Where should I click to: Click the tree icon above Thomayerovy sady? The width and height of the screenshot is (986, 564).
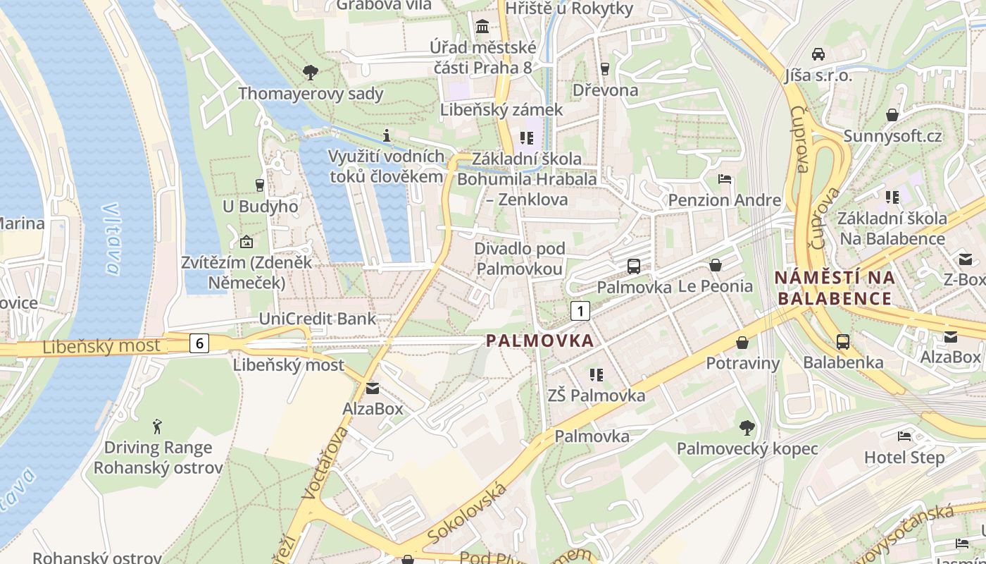[310, 72]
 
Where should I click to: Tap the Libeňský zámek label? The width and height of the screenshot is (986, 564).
[501, 110]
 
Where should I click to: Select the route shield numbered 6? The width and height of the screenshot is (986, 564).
[200, 343]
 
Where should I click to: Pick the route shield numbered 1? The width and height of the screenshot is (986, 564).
[580, 311]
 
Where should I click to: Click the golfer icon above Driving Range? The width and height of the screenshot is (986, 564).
[158, 427]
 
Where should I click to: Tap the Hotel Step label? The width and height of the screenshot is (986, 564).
[904, 458]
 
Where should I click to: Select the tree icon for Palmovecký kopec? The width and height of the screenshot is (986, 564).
[747, 427]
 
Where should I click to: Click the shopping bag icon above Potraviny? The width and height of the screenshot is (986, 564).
[742, 343]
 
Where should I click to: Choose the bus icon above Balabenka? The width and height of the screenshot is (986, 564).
[843, 342]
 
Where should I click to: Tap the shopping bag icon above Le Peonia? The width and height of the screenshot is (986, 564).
[716, 265]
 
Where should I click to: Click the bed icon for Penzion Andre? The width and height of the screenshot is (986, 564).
[725, 179]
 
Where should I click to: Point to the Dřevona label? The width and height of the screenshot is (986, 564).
[605, 90]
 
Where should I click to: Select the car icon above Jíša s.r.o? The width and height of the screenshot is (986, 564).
[818, 54]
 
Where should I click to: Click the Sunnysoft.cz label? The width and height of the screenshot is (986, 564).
[892, 136]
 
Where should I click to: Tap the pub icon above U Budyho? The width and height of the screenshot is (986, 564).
[260, 185]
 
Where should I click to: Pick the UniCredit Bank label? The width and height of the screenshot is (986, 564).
[318, 319]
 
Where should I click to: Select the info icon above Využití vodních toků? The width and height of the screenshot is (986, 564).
[386, 135]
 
